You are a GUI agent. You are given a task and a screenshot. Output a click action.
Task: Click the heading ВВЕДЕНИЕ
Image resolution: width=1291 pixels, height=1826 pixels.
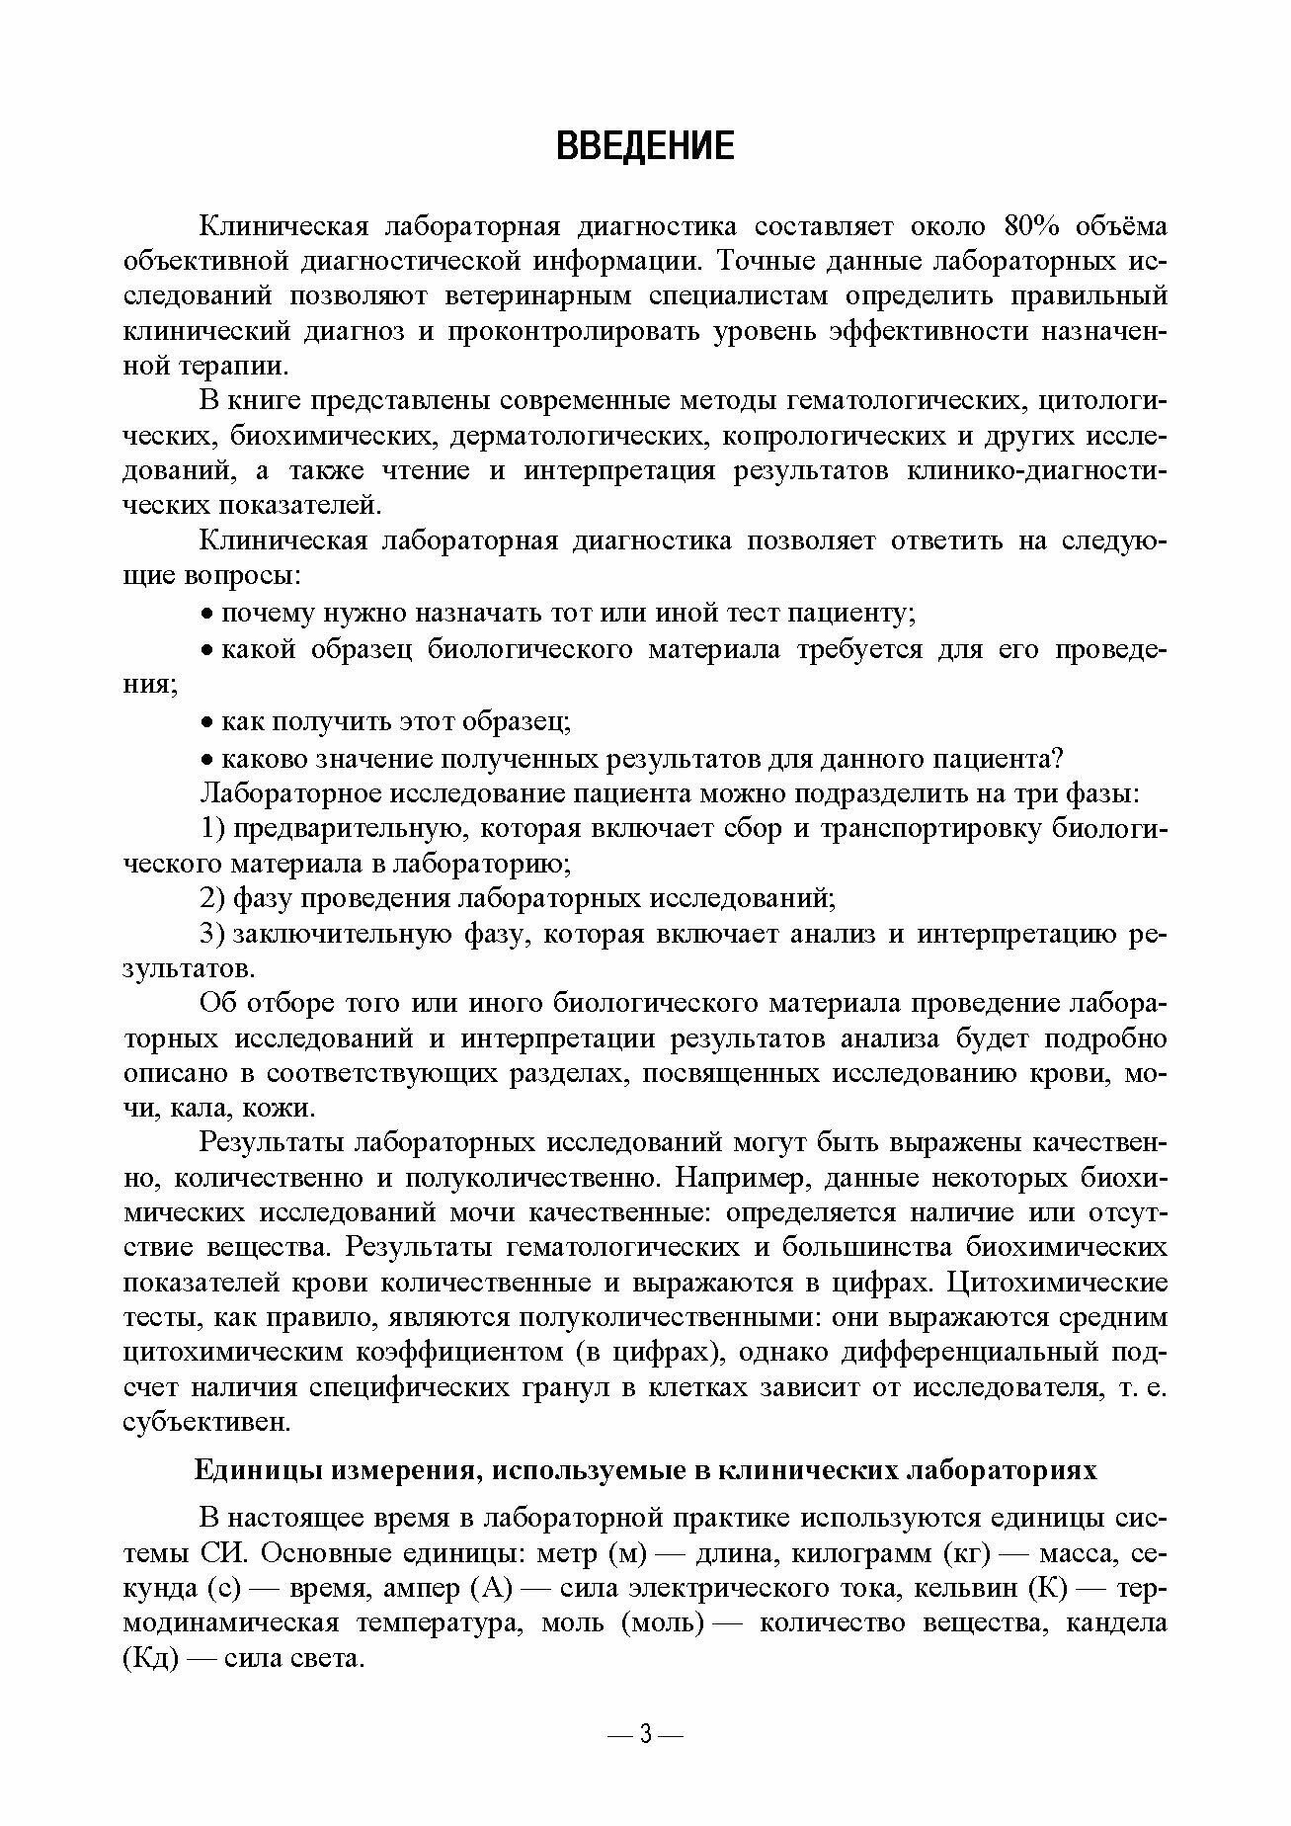[645, 146]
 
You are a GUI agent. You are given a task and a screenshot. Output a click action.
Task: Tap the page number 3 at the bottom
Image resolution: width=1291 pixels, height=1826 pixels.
[645, 1733]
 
